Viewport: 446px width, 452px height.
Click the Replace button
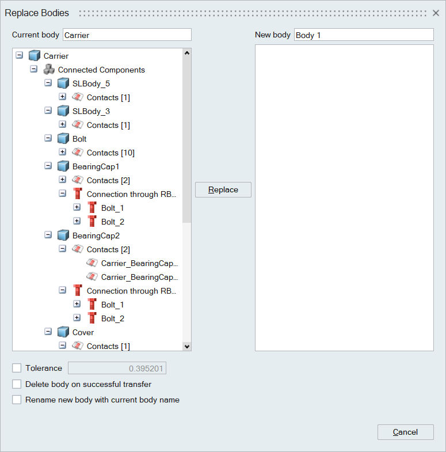click(x=223, y=190)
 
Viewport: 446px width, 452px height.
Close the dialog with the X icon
click(x=436, y=13)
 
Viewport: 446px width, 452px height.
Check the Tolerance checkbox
click(x=17, y=368)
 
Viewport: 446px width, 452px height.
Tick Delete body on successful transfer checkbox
click(x=17, y=384)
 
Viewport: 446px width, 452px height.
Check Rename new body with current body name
click(x=17, y=400)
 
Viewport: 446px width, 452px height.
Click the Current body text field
click(x=127, y=35)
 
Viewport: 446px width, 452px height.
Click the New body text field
click(x=363, y=35)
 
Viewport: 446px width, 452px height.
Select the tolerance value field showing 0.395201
click(x=117, y=369)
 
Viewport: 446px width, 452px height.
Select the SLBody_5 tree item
click(x=91, y=83)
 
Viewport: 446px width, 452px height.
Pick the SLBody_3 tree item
click(x=91, y=111)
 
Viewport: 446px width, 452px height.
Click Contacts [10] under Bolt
click(x=110, y=153)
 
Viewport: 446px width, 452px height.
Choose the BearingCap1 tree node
click(x=96, y=166)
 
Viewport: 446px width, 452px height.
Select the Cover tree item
click(x=83, y=332)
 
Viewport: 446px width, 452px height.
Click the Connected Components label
click(x=101, y=70)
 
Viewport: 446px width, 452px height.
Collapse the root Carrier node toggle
click(x=20, y=55)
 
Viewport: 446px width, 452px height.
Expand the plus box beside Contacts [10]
click(x=63, y=152)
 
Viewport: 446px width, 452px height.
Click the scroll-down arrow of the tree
click(x=186, y=346)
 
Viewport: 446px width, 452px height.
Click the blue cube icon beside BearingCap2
click(x=63, y=236)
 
